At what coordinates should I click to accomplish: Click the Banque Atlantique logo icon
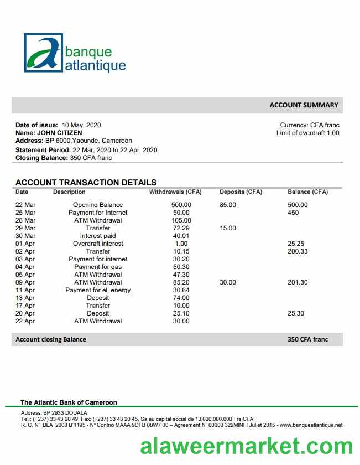point(44,53)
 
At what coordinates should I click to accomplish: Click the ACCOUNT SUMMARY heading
point(304,105)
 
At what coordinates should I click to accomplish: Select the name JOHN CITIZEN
point(59,133)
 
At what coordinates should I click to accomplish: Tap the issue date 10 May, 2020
point(81,125)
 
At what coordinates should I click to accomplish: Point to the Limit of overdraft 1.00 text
point(307,133)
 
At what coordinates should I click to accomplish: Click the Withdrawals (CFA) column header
point(175,192)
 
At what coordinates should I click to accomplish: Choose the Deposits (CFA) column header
point(241,192)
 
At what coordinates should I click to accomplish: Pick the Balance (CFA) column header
point(307,192)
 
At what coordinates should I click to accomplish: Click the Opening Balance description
point(98,205)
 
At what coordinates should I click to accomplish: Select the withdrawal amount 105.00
point(181,220)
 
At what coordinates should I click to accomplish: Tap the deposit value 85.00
point(228,205)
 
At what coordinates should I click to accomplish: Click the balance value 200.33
point(298,251)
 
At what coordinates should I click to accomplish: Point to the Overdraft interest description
point(98,244)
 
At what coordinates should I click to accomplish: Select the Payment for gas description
point(98,267)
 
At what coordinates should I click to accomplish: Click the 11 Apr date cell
point(25,290)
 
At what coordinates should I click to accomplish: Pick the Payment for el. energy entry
point(98,290)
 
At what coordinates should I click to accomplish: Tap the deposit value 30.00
point(228,282)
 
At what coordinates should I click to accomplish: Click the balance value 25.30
point(296,313)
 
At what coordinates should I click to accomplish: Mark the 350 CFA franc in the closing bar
point(307,339)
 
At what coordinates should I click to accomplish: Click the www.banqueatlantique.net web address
point(311,425)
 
